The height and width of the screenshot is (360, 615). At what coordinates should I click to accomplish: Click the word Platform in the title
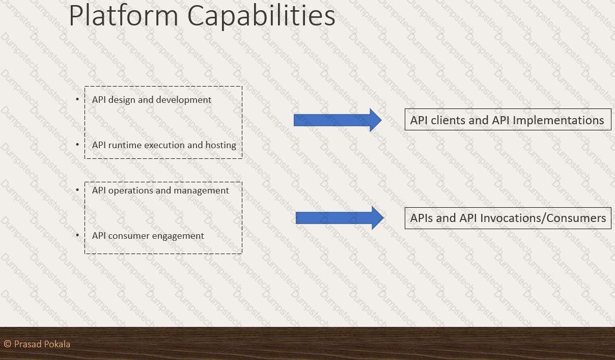click(124, 15)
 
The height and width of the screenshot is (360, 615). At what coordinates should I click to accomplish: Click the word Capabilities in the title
click(261, 16)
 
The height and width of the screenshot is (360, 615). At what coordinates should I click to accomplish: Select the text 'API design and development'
click(152, 100)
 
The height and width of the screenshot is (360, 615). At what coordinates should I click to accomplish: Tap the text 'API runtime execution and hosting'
click(164, 145)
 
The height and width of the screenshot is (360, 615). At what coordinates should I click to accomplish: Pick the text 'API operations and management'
click(160, 190)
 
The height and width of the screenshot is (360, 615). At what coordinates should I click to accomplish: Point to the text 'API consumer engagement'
click(148, 236)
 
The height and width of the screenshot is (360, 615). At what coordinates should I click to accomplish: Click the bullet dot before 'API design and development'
click(77, 99)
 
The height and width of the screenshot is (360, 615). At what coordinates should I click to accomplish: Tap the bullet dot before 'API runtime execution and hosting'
click(77, 145)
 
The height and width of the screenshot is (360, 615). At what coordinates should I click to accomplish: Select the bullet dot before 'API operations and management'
click(77, 190)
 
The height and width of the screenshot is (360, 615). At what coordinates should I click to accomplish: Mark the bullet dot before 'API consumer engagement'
click(77, 235)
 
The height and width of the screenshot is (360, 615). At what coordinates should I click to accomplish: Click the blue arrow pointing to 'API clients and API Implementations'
click(338, 120)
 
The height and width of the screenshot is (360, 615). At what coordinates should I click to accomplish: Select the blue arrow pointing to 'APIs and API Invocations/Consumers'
click(340, 218)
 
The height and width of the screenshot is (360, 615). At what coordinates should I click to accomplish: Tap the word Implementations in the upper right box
click(558, 121)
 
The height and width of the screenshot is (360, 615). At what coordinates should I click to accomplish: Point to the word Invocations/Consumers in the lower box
click(543, 218)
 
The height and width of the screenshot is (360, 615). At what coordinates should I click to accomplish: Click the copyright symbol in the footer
click(8, 344)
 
